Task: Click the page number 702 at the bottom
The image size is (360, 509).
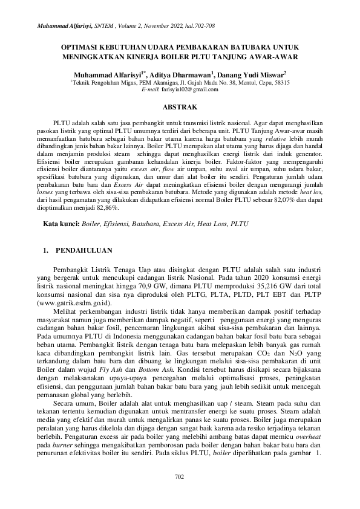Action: point(179,477)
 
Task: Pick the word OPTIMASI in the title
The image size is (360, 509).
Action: point(83,46)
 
